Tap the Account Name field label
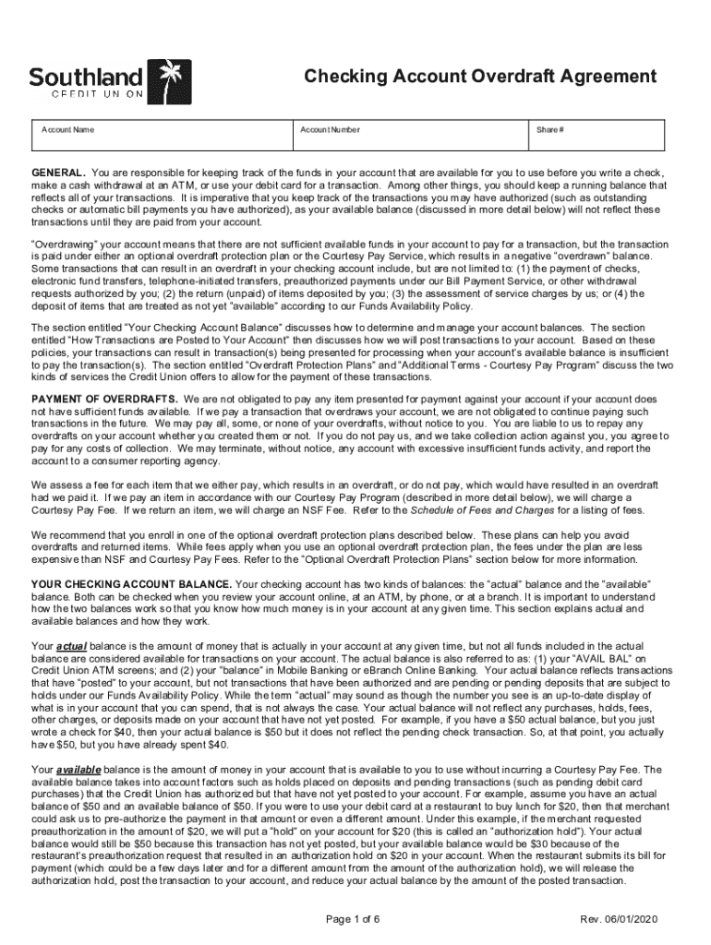(67, 130)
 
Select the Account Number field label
(330, 130)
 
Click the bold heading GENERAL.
(59, 173)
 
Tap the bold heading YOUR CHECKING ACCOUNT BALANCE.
(132, 585)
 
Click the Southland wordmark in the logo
(86, 76)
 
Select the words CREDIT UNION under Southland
(86, 96)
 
